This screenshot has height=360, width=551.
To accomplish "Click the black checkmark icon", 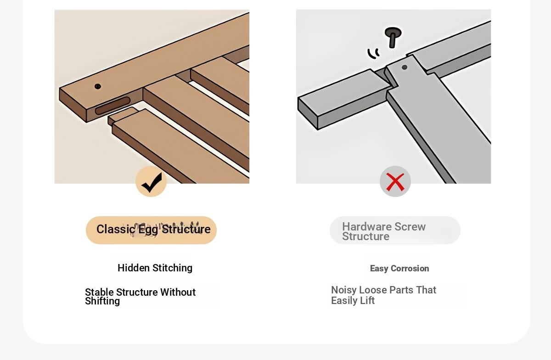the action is [152, 183].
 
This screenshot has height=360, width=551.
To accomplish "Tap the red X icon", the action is [395, 182].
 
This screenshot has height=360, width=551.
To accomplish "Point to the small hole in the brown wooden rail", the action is [98, 86].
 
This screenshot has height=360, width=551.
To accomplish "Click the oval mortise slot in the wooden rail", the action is [112, 106].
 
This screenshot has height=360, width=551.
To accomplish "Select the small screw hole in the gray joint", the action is [405, 67].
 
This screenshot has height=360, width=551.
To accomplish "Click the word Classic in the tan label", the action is [116, 229].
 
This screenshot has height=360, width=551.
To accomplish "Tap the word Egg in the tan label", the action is [148, 230].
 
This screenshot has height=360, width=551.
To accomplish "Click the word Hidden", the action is [133, 268].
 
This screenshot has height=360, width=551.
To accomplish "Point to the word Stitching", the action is [172, 268].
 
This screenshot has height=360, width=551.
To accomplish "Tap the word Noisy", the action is [343, 290].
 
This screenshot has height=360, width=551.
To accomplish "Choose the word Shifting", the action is [102, 301].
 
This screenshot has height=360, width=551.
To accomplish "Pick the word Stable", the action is [99, 292].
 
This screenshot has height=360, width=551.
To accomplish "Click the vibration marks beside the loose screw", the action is [373, 53].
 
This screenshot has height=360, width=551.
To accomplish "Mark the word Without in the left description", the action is [178, 292].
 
